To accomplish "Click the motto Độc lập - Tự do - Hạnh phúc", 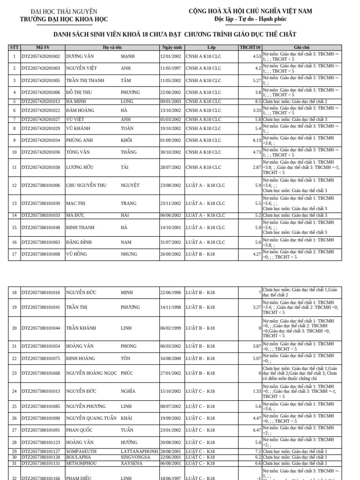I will click(x=250, y=19).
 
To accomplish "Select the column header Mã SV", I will click(x=43, y=47).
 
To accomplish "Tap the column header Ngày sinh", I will click(x=172, y=47).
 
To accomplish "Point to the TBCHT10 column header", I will click(x=250, y=47).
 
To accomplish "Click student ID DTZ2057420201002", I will click(x=41, y=57).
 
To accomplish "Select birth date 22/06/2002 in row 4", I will click(x=171, y=93).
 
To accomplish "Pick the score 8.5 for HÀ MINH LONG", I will click(x=258, y=101).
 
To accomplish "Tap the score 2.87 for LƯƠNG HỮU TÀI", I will click(x=256, y=167).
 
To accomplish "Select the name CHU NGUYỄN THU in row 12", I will click(x=86, y=186).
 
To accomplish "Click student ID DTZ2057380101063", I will click(x=41, y=242).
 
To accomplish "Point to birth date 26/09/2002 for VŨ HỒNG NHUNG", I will click(x=171, y=255).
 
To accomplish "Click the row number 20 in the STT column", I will click(x=14, y=328).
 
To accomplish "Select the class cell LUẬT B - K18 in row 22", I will click(x=200, y=359).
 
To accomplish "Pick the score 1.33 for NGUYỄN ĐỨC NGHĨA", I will click(x=256, y=391).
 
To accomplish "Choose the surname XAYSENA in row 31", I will click(x=131, y=463).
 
